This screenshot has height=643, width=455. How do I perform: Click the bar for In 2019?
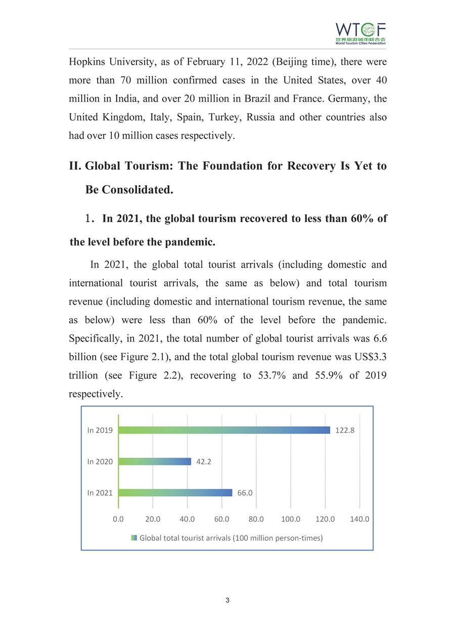(x=224, y=430)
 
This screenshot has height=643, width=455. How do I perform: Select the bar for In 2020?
(x=155, y=461)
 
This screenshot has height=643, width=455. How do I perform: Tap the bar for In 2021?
(x=175, y=492)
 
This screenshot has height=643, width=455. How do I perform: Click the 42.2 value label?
(x=204, y=462)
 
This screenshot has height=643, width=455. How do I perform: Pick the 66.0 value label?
(x=245, y=493)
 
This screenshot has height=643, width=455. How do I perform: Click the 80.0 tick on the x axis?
(x=256, y=519)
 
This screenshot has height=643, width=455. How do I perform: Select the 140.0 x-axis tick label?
(x=359, y=519)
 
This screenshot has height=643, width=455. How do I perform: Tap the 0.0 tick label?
(x=118, y=519)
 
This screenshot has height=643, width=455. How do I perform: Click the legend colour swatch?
(x=134, y=538)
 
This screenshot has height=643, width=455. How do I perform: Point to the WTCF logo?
(x=360, y=33)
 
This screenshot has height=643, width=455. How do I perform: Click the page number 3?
(x=227, y=601)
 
